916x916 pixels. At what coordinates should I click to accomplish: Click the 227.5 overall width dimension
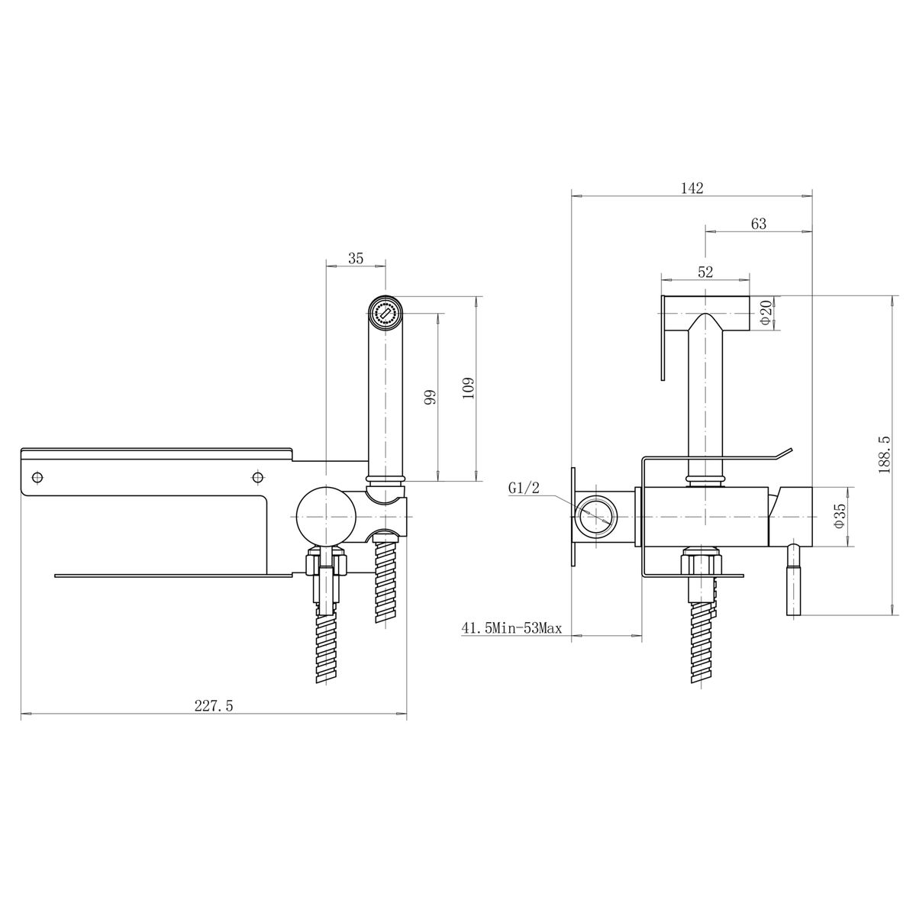pyautogui.click(x=214, y=705)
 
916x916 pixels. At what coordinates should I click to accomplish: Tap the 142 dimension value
pyautogui.click(x=692, y=189)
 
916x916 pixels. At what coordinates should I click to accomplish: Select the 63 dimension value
pyautogui.click(x=759, y=224)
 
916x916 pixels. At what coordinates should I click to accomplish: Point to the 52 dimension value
pyautogui.click(x=706, y=272)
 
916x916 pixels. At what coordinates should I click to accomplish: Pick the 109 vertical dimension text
pyautogui.click(x=468, y=389)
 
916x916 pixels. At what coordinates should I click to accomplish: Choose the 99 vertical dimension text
pyautogui.click(x=430, y=397)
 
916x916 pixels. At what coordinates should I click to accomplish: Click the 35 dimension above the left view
pyautogui.click(x=356, y=259)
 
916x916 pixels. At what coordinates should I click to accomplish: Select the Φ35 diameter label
pyautogui.click(x=840, y=516)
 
